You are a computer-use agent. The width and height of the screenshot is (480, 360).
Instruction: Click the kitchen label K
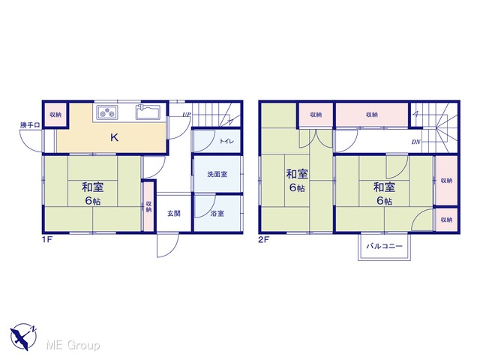click(114, 138)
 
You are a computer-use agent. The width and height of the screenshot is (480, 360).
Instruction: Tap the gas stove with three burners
click(108, 112)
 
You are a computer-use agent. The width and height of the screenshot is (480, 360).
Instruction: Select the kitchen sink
click(148, 112)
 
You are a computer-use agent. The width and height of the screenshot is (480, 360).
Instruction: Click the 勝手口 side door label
click(30, 125)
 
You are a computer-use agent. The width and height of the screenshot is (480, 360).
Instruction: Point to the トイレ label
click(226, 141)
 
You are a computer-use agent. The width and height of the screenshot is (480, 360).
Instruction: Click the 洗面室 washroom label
click(217, 174)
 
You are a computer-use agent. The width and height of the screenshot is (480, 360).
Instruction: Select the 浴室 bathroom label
click(217, 213)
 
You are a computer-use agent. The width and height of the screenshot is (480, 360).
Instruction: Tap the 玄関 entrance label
click(173, 213)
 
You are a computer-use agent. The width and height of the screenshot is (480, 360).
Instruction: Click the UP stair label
click(187, 115)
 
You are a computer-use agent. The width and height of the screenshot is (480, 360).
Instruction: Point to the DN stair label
click(415, 142)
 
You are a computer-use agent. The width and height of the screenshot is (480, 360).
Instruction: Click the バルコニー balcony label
click(384, 246)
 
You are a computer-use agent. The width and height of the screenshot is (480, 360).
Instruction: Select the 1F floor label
click(47, 239)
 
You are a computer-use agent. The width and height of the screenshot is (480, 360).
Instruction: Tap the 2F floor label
click(263, 239)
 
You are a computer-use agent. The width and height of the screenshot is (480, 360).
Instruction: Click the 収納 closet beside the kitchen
click(55, 115)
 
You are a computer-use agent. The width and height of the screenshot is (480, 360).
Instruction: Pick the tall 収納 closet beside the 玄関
click(148, 207)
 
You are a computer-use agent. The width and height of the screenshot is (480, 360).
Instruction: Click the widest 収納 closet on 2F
click(372, 115)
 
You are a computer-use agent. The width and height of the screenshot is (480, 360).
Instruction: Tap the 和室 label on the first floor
click(93, 187)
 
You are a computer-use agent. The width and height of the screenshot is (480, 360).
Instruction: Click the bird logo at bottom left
click(23, 337)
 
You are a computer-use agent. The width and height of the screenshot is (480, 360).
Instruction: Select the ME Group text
click(73, 345)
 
